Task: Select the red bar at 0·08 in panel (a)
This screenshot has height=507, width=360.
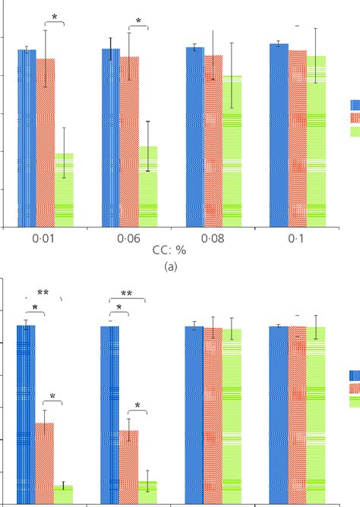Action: [213, 141]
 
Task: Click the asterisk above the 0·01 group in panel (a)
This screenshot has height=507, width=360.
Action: [54, 17]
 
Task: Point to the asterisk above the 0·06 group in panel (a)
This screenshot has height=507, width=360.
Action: [138, 20]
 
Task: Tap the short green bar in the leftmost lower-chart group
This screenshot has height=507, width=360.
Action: [64, 494]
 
